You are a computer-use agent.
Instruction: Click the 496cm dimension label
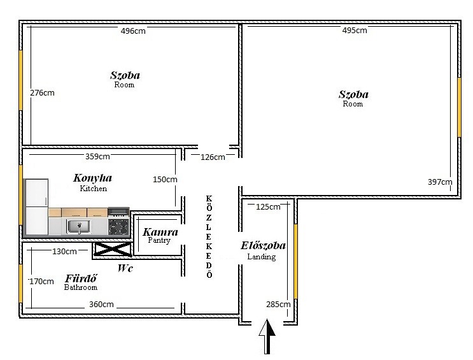(133, 31)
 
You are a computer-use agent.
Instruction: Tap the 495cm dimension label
(355, 30)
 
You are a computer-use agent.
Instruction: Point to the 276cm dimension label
(42, 93)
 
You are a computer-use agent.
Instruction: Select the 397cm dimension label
(440, 182)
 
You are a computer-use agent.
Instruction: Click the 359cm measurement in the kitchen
(97, 157)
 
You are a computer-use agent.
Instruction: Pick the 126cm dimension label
(213, 157)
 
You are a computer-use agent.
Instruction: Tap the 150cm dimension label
(165, 180)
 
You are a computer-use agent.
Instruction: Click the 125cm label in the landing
(268, 207)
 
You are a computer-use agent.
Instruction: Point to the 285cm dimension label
(278, 304)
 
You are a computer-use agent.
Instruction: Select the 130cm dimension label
(64, 251)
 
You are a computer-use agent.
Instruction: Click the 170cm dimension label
(41, 282)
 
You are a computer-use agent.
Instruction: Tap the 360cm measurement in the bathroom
(101, 304)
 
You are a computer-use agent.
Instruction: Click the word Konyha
(92, 178)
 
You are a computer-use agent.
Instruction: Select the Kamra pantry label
(160, 232)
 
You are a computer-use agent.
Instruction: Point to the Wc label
(125, 268)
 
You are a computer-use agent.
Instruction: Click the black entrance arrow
(267, 336)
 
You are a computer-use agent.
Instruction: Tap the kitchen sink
(78, 226)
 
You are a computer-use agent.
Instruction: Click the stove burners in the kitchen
(119, 227)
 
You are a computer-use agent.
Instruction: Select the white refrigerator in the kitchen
(37, 207)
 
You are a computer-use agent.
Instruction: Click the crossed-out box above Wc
(113, 249)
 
